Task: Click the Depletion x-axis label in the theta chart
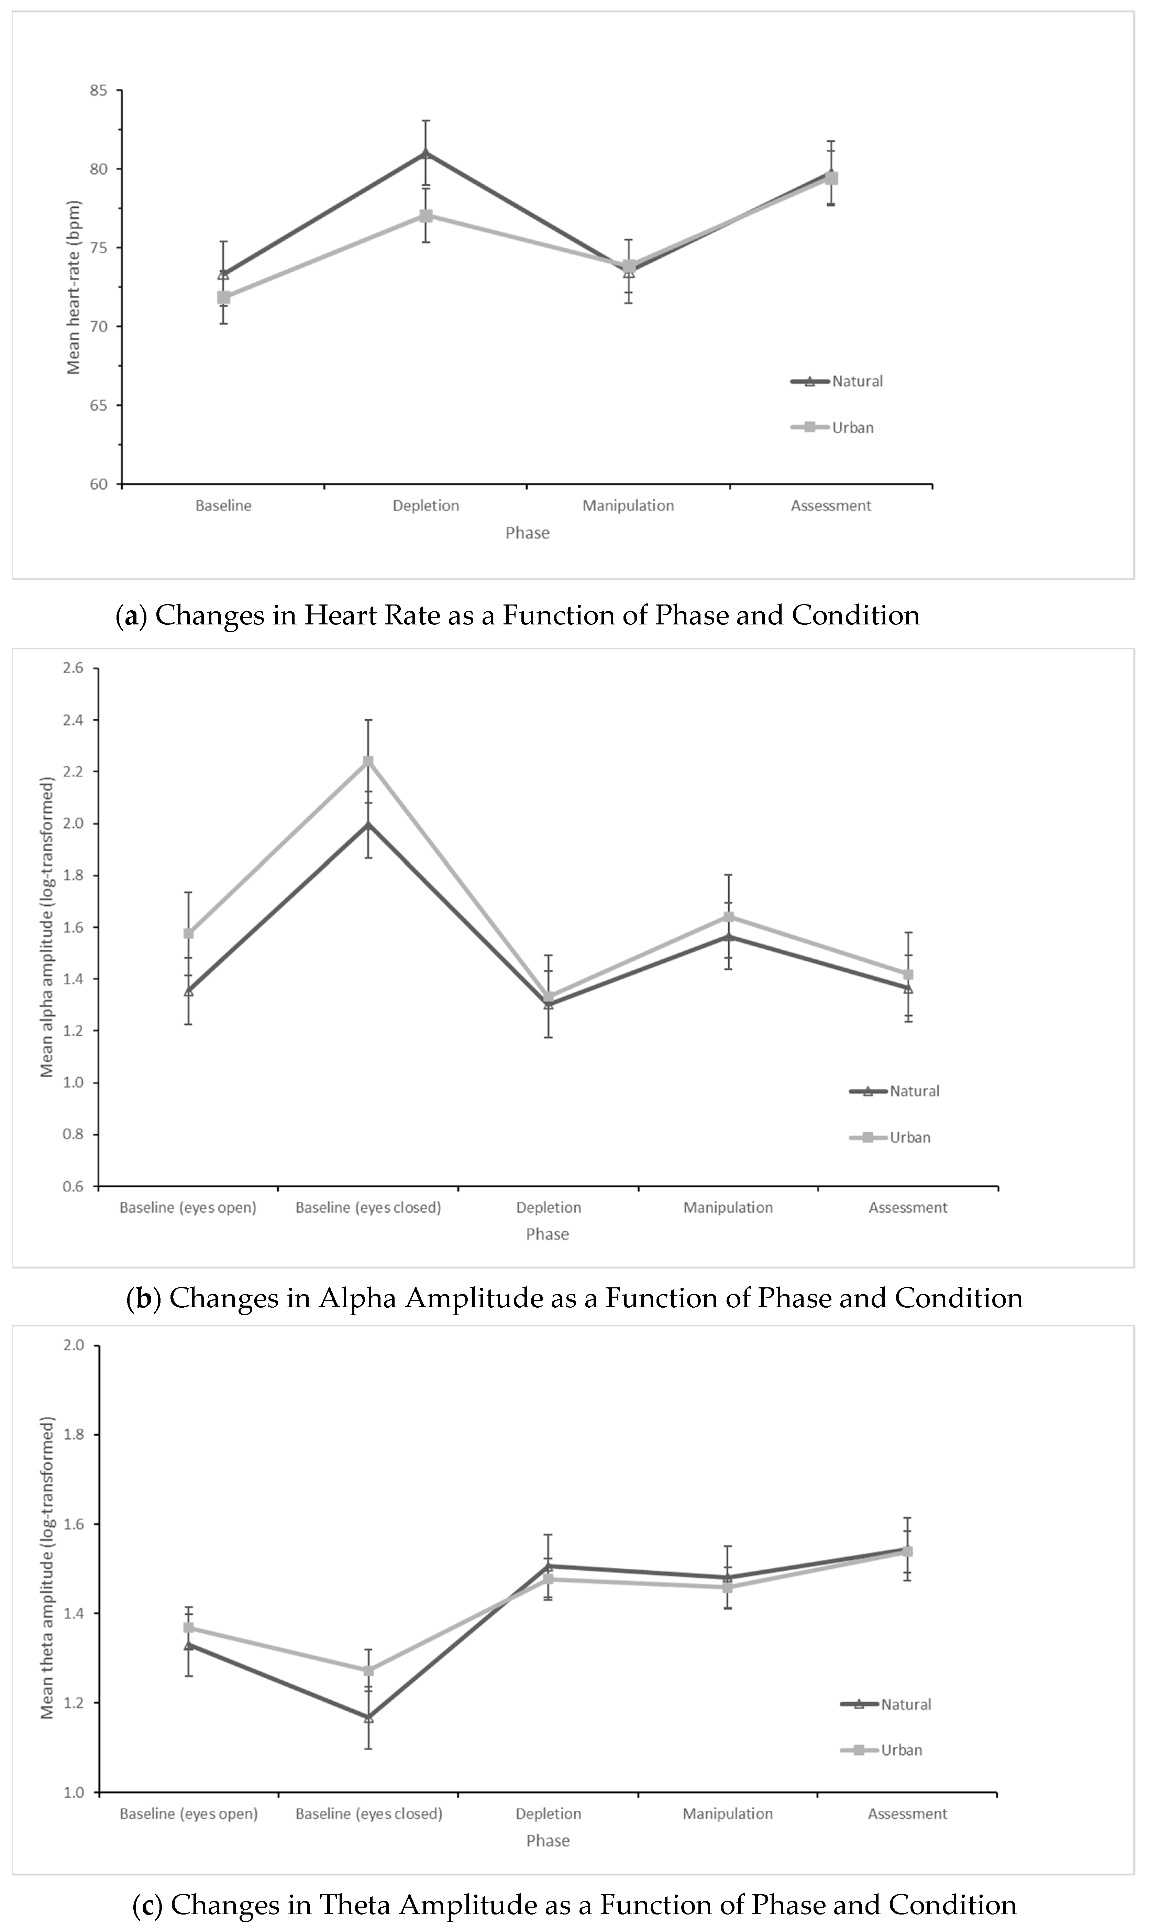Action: (548, 1814)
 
